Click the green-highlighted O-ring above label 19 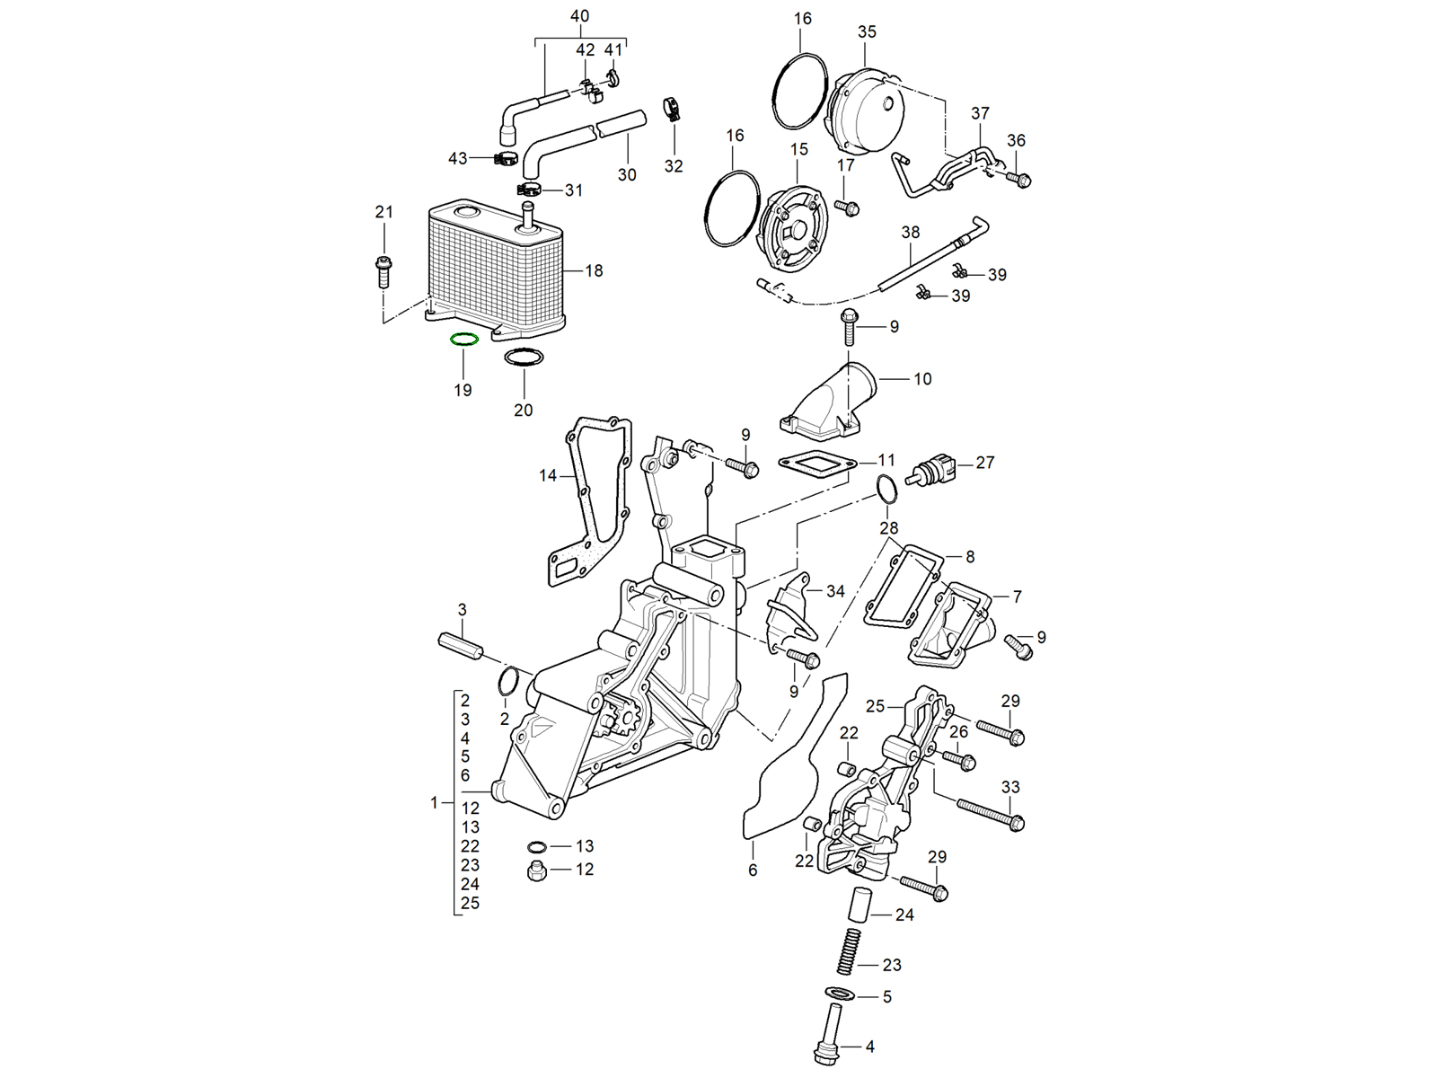click(463, 340)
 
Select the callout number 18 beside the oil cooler click(594, 270)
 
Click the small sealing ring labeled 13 click(537, 846)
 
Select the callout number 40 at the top click(580, 16)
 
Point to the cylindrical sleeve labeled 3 click(462, 645)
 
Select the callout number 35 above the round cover click(867, 31)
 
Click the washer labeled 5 click(842, 994)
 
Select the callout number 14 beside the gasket click(548, 475)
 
